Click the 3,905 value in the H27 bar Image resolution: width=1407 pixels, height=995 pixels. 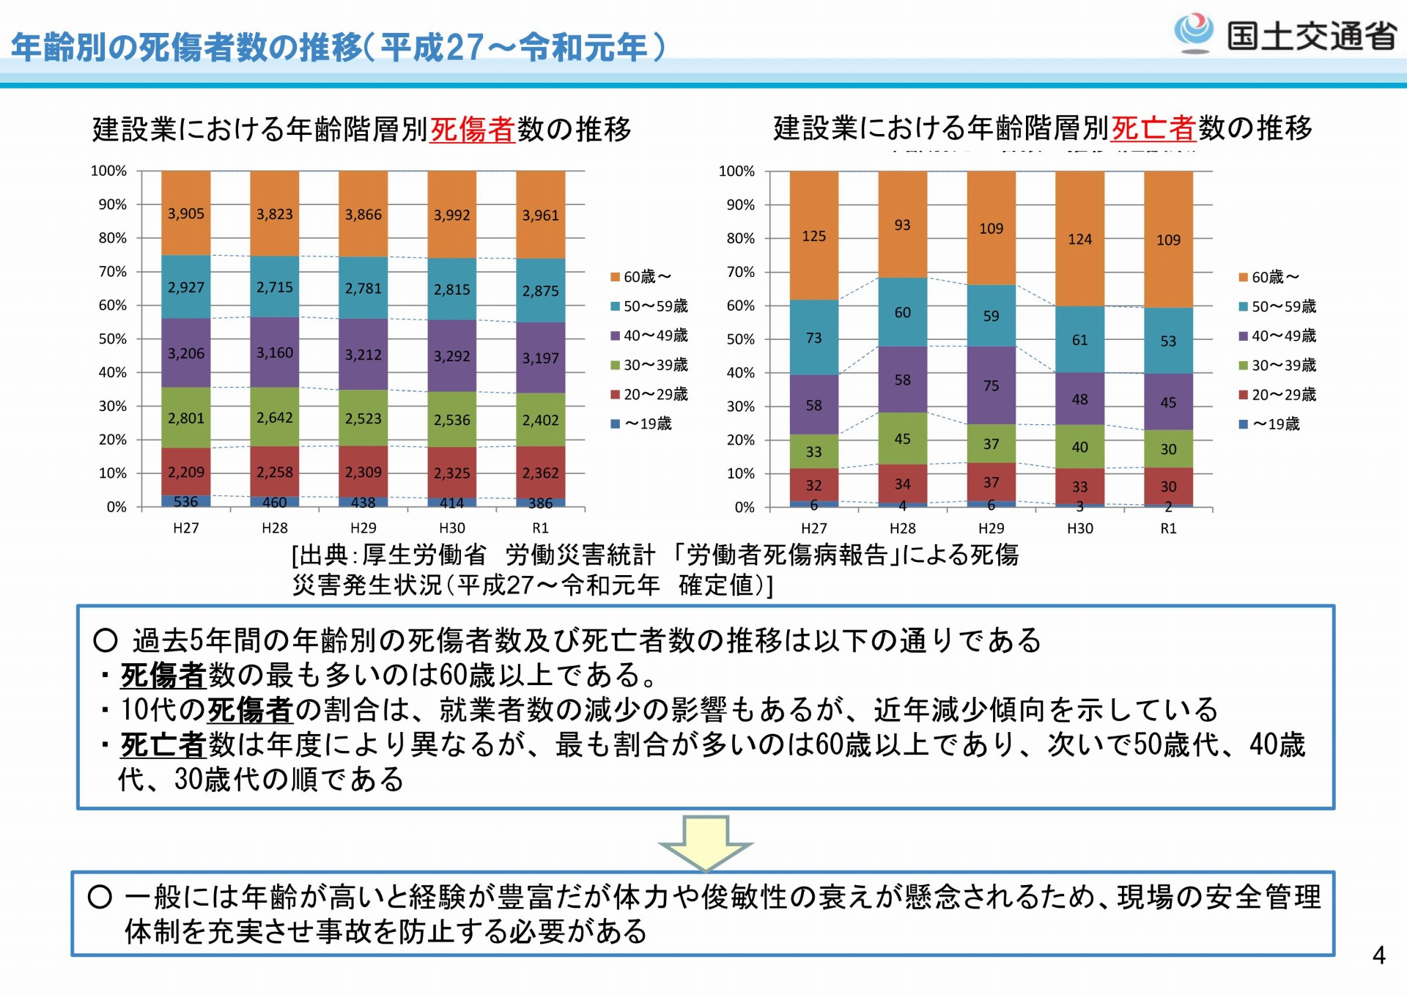[186, 214]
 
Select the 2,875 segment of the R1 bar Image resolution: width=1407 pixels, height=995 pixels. [540, 291]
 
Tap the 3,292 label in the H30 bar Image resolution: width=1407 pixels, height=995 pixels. [451, 357]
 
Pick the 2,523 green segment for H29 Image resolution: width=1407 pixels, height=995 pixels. [363, 418]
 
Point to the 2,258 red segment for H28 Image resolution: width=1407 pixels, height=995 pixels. [275, 472]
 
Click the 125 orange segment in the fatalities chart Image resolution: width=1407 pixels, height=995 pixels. [813, 236]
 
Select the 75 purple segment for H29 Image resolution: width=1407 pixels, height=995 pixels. [991, 385]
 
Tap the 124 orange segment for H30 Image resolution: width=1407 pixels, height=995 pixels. [1079, 239]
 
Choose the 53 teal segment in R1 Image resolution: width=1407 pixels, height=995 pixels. [1168, 341]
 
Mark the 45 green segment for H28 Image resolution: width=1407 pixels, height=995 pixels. [902, 439]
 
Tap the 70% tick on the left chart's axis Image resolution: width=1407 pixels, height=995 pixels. [113, 272]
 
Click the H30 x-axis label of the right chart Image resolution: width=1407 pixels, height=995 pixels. [1079, 528]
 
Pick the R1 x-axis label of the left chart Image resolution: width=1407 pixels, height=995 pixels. [540, 528]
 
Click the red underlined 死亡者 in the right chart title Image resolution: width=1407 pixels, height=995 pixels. [1153, 129]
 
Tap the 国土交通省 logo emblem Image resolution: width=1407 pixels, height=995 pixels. [1194, 32]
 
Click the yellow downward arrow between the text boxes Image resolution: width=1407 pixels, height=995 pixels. [706, 843]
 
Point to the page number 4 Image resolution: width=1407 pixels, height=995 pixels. [1378, 955]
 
